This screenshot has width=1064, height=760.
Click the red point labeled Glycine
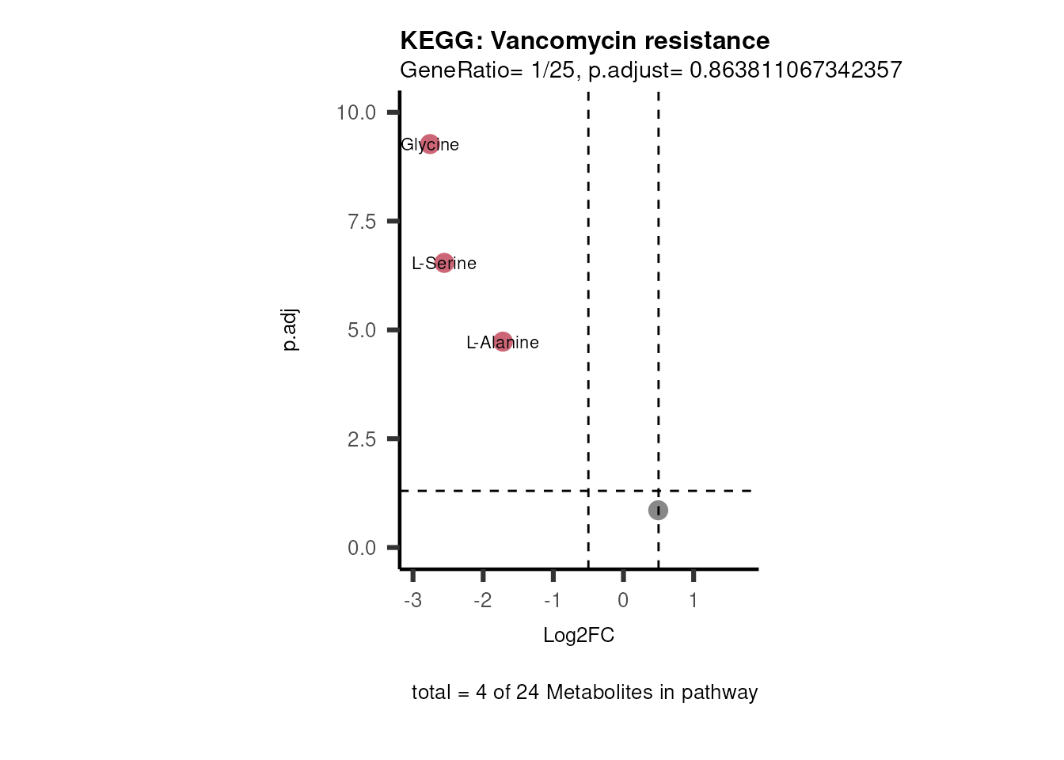click(x=430, y=144)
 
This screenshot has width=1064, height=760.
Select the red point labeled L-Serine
click(x=444, y=263)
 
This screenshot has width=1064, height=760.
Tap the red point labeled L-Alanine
click(x=503, y=342)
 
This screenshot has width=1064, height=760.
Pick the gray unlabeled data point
click(x=658, y=510)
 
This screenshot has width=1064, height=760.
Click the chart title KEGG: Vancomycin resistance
click(x=584, y=40)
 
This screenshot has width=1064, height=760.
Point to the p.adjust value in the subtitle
click(x=795, y=70)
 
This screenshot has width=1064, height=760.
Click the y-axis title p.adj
click(x=291, y=329)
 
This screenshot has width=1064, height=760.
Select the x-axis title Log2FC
click(x=579, y=635)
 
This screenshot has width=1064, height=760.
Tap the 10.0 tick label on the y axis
click(x=356, y=112)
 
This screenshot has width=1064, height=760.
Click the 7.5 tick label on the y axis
click(x=362, y=222)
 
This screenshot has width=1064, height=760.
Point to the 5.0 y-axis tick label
click(x=362, y=330)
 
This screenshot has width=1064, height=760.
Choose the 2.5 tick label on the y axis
click(x=362, y=439)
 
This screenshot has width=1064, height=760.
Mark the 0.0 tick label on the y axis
click(x=362, y=548)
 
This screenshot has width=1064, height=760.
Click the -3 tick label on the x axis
click(x=412, y=600)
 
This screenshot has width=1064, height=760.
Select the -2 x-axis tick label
click(x=482, y=600)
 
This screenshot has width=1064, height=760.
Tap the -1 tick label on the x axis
click(x=553, y=600)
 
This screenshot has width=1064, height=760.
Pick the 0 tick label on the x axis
click(x=623, y=600)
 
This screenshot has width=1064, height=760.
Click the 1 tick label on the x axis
click(x=693, y=600)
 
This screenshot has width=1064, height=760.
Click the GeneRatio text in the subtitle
click(x=454, y=70)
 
